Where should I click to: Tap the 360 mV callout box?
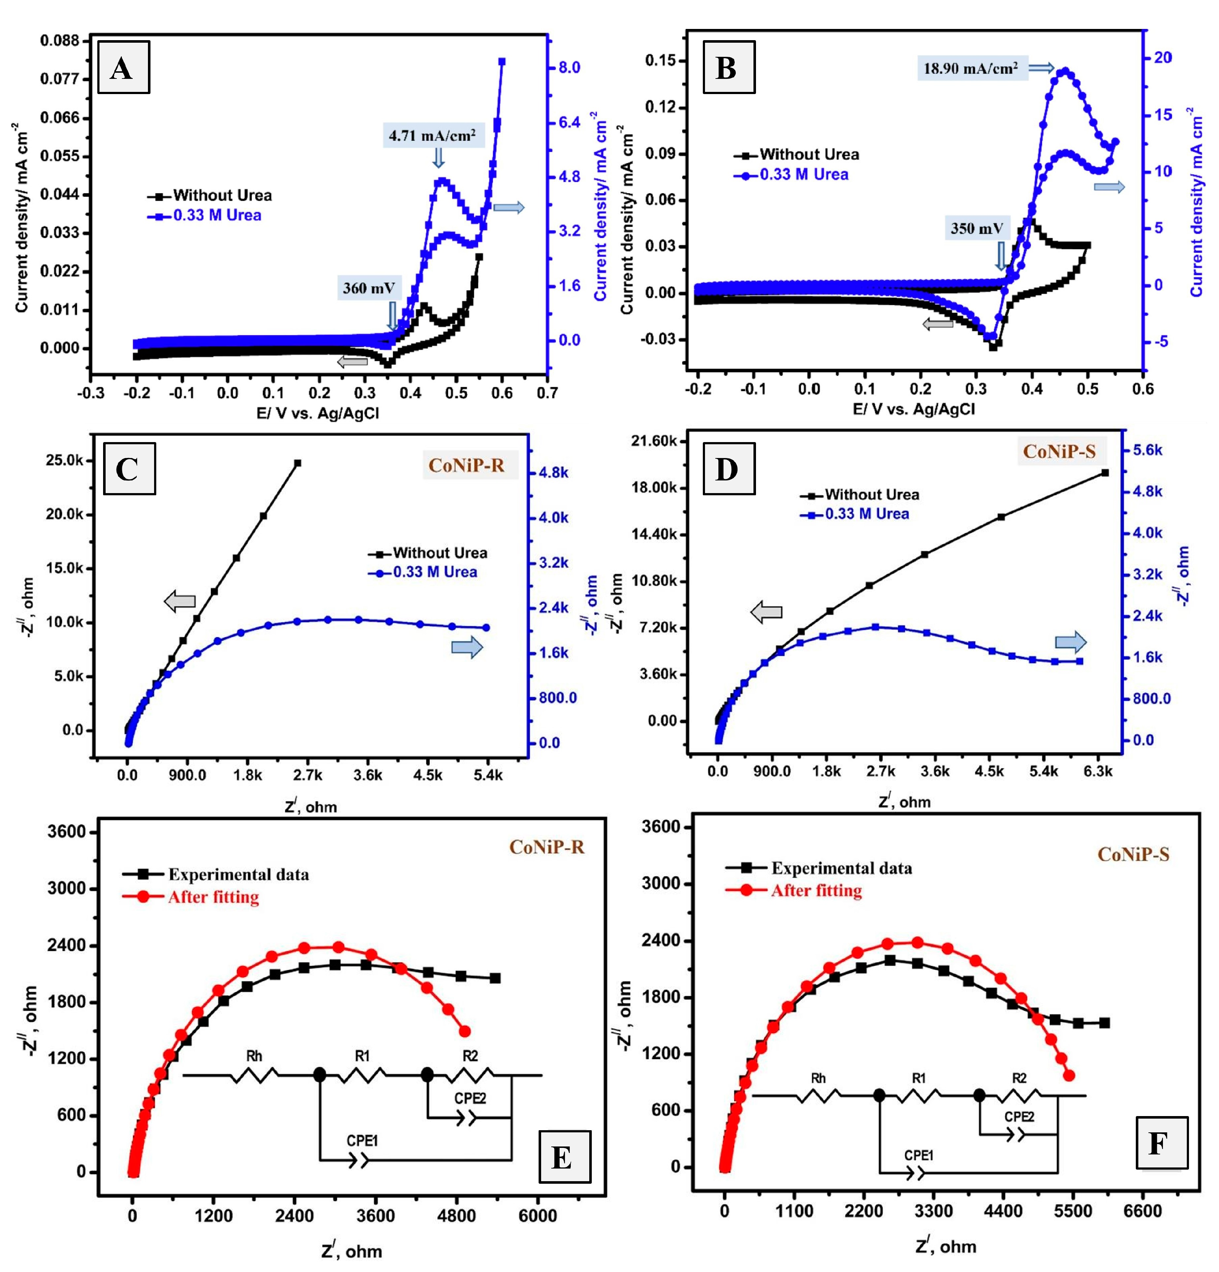[x=369, y=288]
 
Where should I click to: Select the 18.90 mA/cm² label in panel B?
[x=971, y=68]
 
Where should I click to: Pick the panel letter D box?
[x=728, y=468]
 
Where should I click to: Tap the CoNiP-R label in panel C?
[x=467, y=465]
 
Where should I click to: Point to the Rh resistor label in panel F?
[x=819, y=1078]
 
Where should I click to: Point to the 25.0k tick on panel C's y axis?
[x=65, y=460]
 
